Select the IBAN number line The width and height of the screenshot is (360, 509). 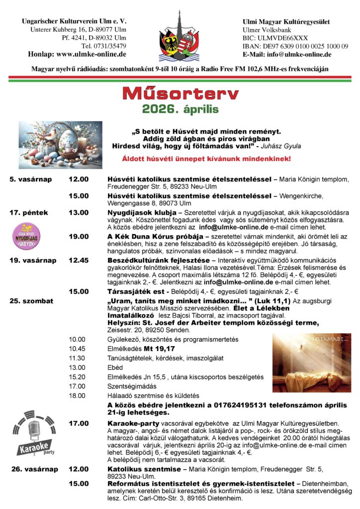[295, 46]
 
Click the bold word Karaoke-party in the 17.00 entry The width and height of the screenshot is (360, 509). [131, 423]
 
